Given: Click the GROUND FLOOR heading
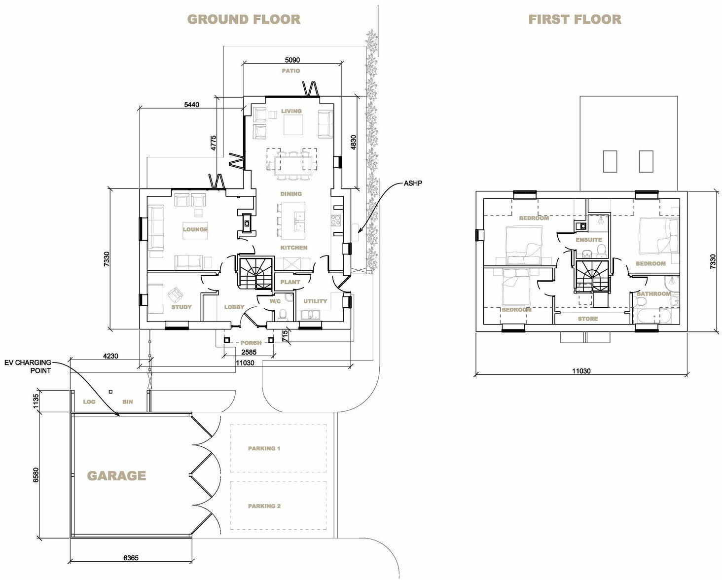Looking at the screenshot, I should pyautogui.click(x=244, y=19).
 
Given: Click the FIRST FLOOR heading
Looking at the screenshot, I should pyautogui.click(x=575, y=19).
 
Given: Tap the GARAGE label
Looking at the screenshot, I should pyautogui.click(x=116, y=476).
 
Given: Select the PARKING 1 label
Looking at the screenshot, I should pyautogui.click(x=264, y=448).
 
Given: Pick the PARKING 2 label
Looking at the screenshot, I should pyautogui.click(x=264, y=506).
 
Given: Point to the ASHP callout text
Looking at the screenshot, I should pyautogui.click(x=413, y=183).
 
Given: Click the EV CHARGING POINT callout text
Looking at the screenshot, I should pyautogui.click(x=28, y=366).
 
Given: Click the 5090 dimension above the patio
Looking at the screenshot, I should pyautogui.click(x=292, y=60).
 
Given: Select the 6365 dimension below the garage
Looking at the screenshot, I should pyautogui.click(x=131, y=558).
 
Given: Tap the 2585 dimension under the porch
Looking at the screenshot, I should pyautogui.click(x=249, y=352).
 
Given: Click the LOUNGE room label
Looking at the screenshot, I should pyautogui.click(x=195, y=229).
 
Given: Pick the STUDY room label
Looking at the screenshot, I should pyautogui.click(x=181, y=307).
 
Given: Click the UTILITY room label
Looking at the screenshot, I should pyautogui.click(x=315, y=301).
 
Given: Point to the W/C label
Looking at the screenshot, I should pyautogui.click(x=275, y=301).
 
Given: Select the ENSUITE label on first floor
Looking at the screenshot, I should pyautogui.click(x=589, y=240).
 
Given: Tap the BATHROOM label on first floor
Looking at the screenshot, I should pyautogui.click(x=653, y=294).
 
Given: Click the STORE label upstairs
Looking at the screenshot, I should pyautogui.click(x=588, y=319).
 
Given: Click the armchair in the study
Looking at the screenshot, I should pyautogui.click(x=175, y=295).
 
